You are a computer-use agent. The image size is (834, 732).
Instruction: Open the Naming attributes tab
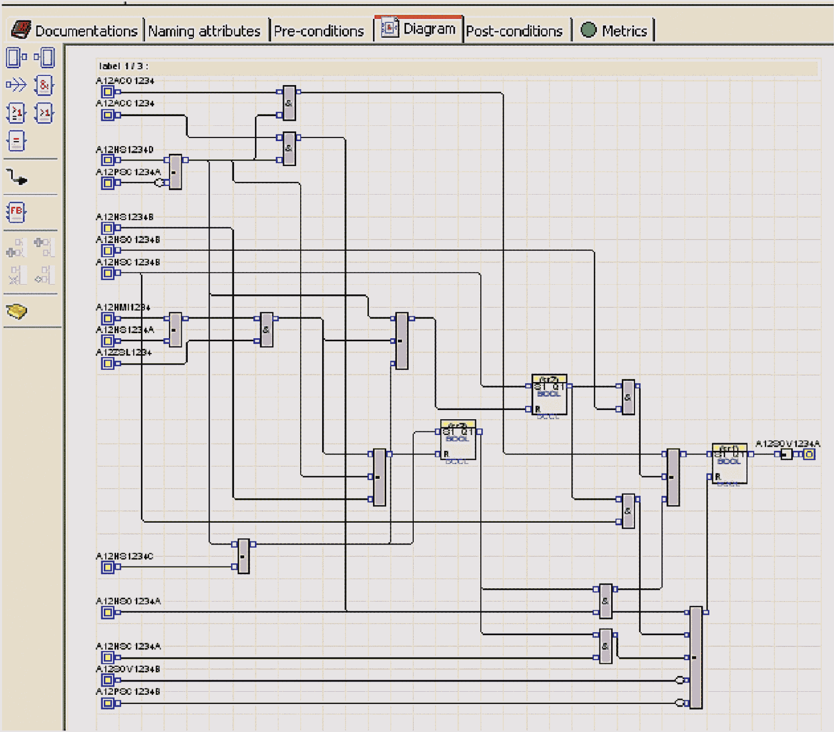pos(204,31)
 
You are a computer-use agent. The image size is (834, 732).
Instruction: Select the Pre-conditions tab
pos(319,31)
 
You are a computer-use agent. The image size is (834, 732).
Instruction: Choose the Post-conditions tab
pos(514,31)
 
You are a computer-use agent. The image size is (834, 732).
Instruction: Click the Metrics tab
pos(624,31)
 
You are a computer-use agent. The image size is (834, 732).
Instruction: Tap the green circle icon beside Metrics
pos(588,30)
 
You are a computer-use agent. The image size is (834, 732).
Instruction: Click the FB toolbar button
pos(16,212)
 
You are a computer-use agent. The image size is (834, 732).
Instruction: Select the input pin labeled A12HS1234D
pos(107,160)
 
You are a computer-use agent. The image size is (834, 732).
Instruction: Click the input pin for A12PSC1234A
pos(107,183)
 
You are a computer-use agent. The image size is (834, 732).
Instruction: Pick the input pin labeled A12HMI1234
pos(107,318)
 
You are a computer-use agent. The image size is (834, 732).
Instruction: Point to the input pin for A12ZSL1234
pos(107,363)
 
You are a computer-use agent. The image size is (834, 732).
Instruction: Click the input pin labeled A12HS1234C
pos(107,567)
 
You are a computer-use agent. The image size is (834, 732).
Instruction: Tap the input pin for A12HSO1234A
pos(107,612)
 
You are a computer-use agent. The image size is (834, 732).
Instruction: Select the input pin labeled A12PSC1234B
pos(107,703)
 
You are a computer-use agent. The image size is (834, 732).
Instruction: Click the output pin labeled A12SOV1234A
pos(809,454)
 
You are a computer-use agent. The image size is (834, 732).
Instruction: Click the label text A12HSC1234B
pos(128,262)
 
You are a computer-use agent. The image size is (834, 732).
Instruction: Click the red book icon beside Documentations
pos(21,30)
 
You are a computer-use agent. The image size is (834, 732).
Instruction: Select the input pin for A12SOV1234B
pos(107,680)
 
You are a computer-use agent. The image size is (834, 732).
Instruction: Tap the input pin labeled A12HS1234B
pos(107,228)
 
